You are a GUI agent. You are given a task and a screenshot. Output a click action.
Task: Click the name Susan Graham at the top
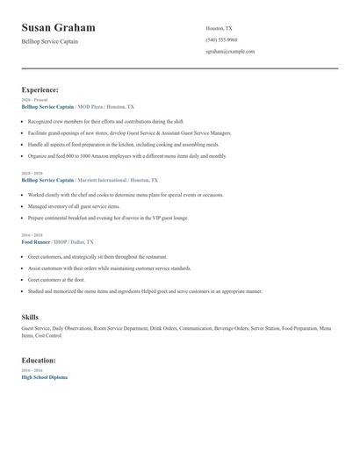pyautogui.click(x=59, y=28)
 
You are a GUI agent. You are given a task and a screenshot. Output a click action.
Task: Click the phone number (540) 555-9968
pyautogui.click(x=221, y=39)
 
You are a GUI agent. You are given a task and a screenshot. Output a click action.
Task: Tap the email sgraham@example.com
pyautogui.click(x=230, y=51)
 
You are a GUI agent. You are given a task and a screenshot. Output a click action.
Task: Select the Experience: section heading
pyautogui.click(x=40, y=89)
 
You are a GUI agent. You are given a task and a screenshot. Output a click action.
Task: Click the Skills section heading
pyautogui.click(x=30, y=316)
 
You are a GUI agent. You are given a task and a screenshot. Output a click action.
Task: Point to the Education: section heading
pyautogui.click(x=39, y=360)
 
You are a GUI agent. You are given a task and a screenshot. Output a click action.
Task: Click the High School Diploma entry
pyautogui.click(x=44, y=376)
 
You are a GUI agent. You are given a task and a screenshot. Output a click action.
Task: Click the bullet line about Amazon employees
pyautogui.click(x=126, y=156)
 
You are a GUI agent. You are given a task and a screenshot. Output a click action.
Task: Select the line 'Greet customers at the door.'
pyautogui.click(x=56, y=279)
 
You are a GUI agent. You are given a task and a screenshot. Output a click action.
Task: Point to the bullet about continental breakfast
pyautogui.click(x=108, y=217)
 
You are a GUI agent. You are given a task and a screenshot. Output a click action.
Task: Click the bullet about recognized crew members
pyautogui.click(x=105, y=122)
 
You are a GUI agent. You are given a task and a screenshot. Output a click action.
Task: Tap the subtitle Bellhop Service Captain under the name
pyautogui.click(x=50, y=41)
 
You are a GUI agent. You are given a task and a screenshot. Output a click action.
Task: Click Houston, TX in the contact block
pyautogui.click(x=220, y=28)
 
